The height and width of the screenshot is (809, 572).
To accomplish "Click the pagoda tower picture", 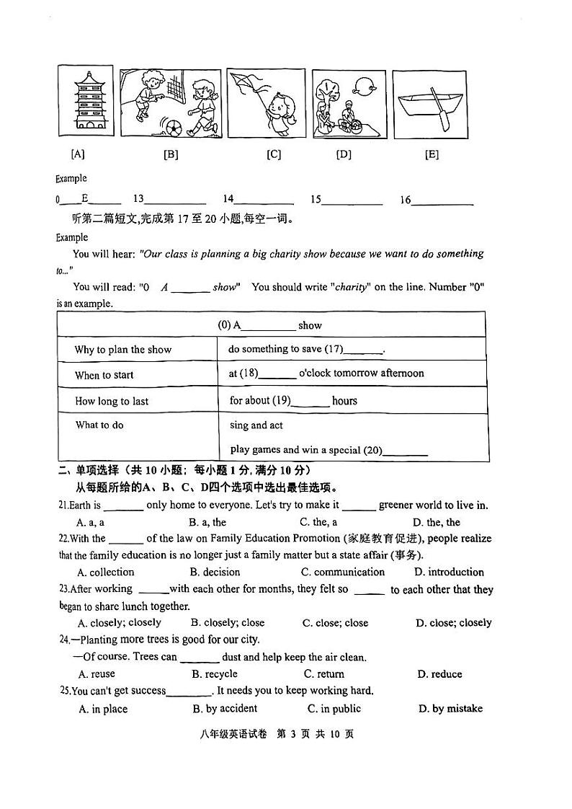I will click(x=84, y=102).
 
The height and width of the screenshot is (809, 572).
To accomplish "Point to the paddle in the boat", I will click(x=441, y=109).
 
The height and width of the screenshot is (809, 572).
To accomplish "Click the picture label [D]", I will click(x=344, y=154).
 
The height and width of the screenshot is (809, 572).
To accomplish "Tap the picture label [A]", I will click(x=77, y=154).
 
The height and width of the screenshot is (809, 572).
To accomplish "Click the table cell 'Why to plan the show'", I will click(x=123, y=350).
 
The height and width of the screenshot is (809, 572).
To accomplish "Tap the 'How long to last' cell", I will click(x=112, y=401).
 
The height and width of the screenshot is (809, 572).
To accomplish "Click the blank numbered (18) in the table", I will click(x=277, y=375).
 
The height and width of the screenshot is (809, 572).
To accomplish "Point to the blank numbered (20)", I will click(x=405, y=452).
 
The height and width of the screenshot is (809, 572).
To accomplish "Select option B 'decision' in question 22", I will click(x=215, y=572).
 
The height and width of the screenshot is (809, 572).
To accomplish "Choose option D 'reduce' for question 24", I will click(x=439, y=674).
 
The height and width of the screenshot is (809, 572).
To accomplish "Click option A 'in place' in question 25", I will click(x=103, y=709).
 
